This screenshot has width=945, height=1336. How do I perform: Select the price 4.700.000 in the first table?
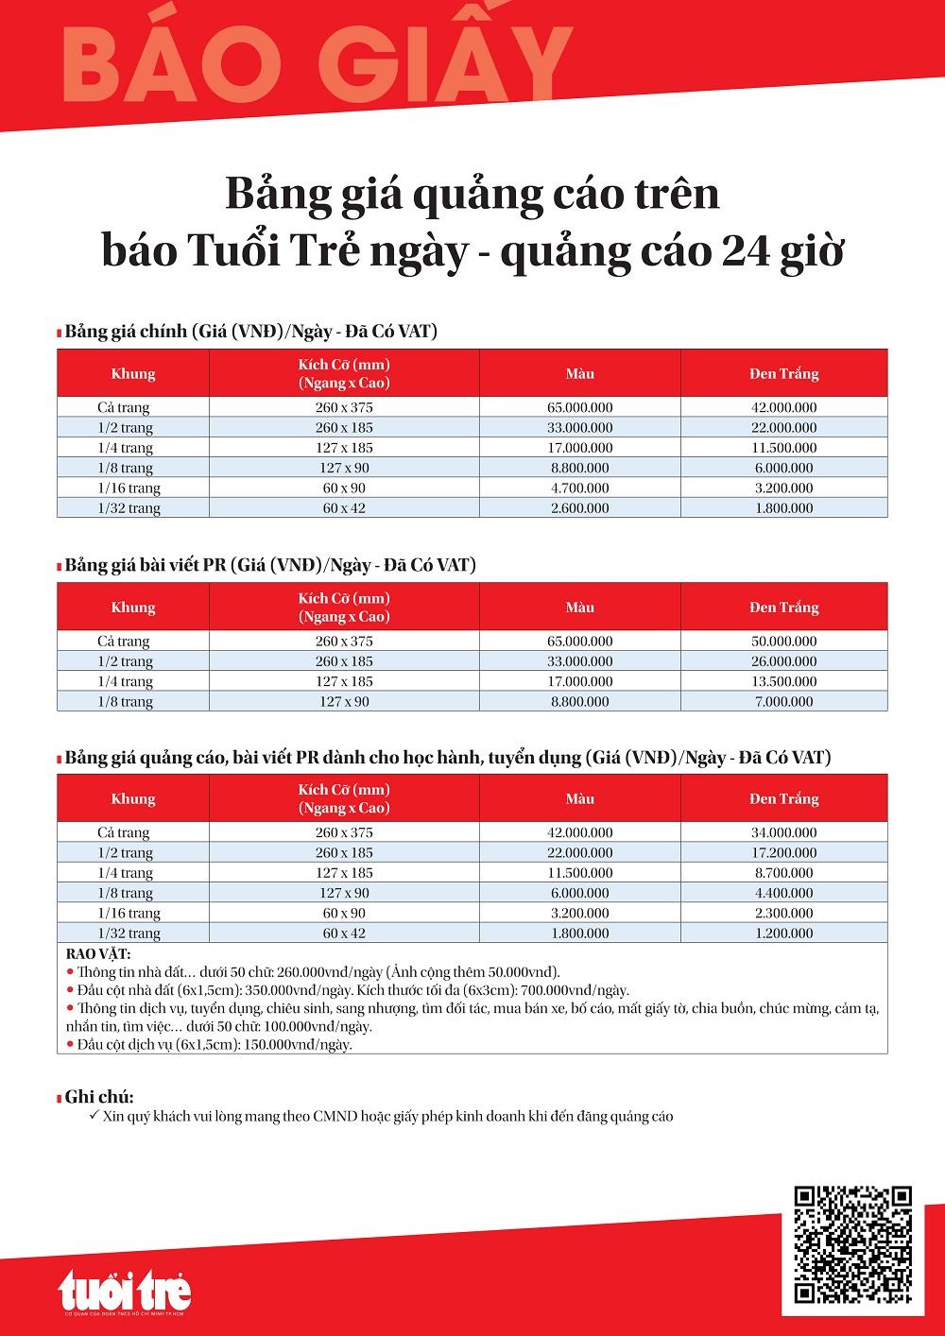point(580,488)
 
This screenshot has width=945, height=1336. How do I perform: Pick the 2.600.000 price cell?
point(580,508)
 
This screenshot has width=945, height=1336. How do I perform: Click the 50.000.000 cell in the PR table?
point(783,642)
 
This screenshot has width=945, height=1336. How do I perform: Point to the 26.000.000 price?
point(783,661)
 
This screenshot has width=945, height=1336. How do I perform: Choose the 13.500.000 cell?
point(783,681)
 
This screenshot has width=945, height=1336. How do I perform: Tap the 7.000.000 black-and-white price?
point(783,702)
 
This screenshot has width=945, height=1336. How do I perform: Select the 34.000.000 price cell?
point(783,832)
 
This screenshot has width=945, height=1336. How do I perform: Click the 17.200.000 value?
point(783,852)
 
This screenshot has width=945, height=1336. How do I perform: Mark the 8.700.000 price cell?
point(783,873)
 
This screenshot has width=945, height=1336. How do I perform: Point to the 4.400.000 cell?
point(783,893)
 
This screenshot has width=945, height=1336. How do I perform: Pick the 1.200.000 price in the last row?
point(783,933)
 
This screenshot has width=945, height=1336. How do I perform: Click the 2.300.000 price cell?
point(783,913)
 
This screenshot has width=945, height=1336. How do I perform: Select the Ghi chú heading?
point(99,1097)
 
